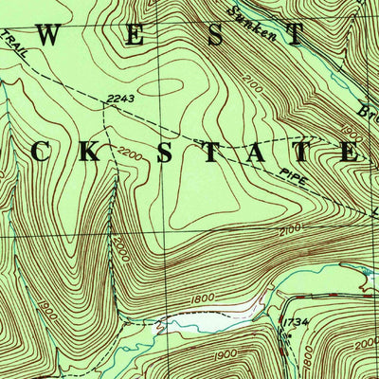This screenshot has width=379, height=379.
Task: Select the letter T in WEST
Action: pyautogui.click(x=297, y=37)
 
